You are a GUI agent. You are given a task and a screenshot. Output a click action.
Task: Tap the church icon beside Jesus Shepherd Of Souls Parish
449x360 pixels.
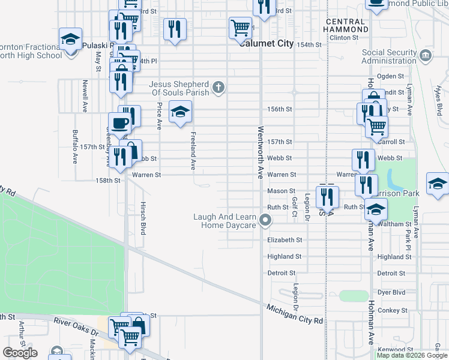(218, 88)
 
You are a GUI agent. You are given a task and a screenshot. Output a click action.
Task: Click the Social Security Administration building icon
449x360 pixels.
(426, 56)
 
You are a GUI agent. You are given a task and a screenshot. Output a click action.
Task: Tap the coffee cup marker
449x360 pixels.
(119, 124)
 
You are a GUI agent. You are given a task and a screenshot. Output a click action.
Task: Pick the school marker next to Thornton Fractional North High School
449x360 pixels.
(70, 40)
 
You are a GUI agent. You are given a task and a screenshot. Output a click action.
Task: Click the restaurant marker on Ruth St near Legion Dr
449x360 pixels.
(327, 196)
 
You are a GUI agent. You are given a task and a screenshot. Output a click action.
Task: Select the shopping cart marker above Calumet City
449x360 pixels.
(240, 27)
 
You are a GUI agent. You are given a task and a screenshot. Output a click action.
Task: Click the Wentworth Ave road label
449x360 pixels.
(261, 152)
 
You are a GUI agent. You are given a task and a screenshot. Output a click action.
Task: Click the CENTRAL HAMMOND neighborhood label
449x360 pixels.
(346, 25)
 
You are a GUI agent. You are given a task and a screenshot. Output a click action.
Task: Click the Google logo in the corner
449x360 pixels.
(20, 353)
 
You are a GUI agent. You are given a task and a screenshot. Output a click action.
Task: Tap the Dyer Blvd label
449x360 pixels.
(391, 292)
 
